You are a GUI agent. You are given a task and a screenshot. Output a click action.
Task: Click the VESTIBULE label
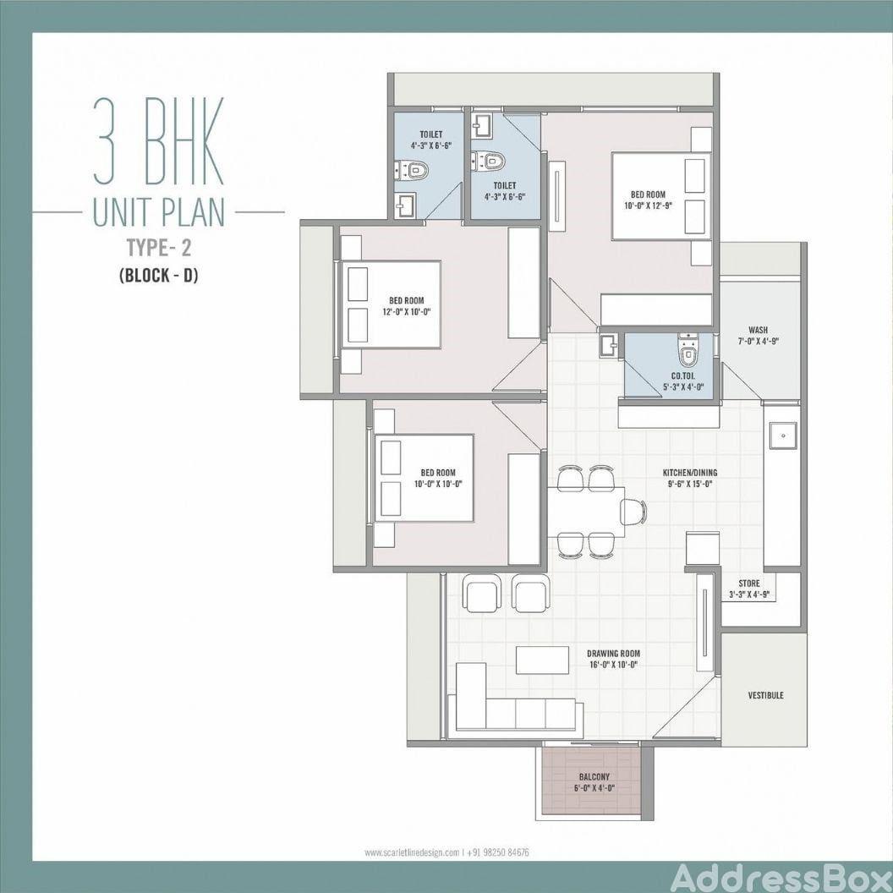point(765,695)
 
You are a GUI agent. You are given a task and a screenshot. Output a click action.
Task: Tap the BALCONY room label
point(594,777)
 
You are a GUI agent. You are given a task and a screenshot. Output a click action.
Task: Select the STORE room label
point(749,583)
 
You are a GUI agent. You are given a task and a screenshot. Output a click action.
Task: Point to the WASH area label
point(758,330)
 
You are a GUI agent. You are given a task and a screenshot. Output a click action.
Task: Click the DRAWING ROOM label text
point(613,654)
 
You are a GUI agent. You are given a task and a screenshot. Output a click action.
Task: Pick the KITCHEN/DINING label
point(690,473)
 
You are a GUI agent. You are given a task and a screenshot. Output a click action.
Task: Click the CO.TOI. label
point(682,376)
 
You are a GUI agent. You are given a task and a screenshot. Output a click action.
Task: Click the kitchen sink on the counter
point(784,436)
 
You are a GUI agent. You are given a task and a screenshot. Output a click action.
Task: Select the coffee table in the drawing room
point(543,660)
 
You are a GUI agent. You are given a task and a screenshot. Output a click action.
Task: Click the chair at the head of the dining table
point(634,512)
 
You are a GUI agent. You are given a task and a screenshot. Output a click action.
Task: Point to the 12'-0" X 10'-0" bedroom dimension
point(407,312)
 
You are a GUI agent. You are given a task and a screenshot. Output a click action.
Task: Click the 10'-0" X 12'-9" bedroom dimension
point(648,206)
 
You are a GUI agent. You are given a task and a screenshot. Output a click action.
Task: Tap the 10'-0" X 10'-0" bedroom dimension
point(438,485)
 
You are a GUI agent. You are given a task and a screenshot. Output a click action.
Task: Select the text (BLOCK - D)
point(159,276)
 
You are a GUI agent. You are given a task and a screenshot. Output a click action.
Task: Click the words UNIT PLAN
point(159,212)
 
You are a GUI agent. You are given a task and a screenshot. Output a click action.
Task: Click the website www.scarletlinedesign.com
point(412,852)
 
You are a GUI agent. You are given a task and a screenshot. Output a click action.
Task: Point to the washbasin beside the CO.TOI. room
point(608,345)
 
